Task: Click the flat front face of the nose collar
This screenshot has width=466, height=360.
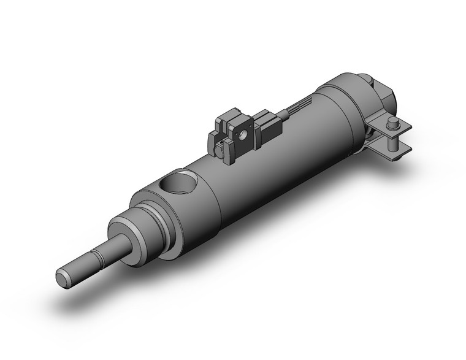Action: click(x=120, y=230)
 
